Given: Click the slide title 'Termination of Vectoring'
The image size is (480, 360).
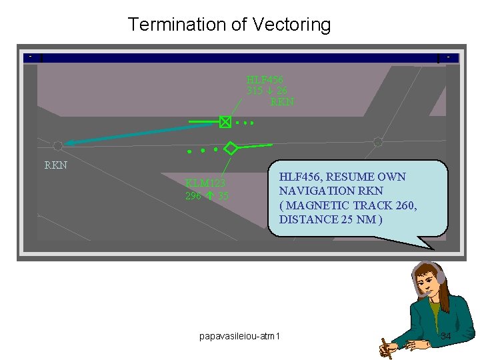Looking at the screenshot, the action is [229, 25].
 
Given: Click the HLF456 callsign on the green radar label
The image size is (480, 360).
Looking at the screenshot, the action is [265, 80].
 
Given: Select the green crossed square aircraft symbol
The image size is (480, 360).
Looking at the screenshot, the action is [225, 122].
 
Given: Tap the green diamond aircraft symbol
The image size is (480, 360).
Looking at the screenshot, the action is [231, 148].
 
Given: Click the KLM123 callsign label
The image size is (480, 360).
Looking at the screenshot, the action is [205, 183].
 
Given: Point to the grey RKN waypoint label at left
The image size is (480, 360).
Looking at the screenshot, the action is [55, 165].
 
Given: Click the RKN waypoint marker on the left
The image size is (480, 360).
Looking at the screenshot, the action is [58, 145].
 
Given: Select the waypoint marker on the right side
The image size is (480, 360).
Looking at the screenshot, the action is [378, 141].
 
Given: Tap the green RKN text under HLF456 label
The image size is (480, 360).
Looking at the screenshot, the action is [282, 102].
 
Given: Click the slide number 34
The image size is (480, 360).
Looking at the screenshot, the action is [446, 336].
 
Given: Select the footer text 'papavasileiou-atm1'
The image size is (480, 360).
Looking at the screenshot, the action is [240, 335].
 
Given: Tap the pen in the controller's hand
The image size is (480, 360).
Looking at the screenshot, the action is [385, 347].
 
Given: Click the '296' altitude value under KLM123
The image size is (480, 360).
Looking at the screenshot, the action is [193, 196].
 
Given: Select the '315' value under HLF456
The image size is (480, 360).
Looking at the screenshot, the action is [255, 91].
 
